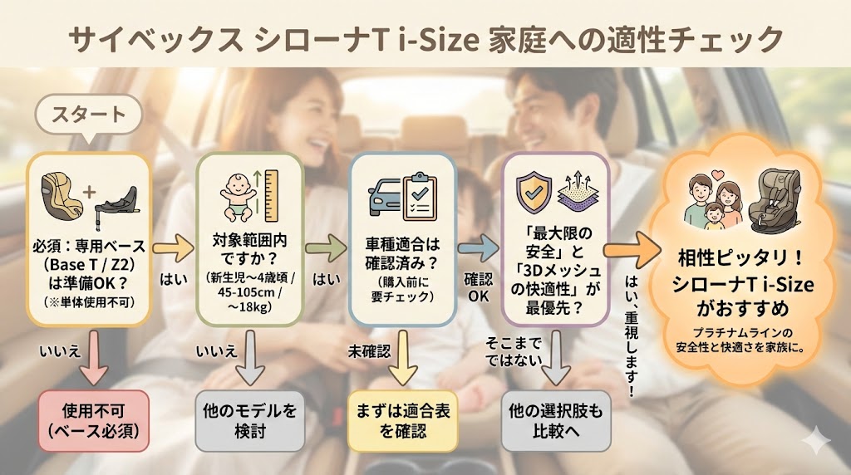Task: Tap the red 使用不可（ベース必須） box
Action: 94,420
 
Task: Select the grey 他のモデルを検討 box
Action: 248,420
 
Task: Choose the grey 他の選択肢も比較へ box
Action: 555,420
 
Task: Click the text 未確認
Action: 367,352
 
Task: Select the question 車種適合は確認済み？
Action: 401,257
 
